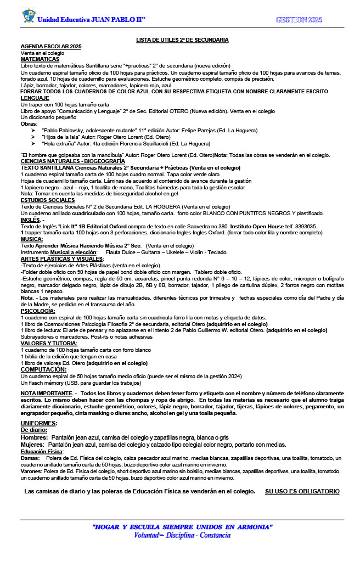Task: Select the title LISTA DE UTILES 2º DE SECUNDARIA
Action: [182, 40]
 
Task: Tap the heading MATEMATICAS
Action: [40, 59]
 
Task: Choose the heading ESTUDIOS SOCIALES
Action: [47, 201]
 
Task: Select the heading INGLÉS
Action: [30, 220]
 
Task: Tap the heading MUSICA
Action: [32, 239]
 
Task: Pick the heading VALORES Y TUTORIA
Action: [49, 343]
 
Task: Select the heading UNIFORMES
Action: [38, 408]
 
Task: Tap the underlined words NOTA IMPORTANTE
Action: [46, 394]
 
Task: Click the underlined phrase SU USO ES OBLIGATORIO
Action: [302, 491]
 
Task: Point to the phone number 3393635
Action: [306, 226]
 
